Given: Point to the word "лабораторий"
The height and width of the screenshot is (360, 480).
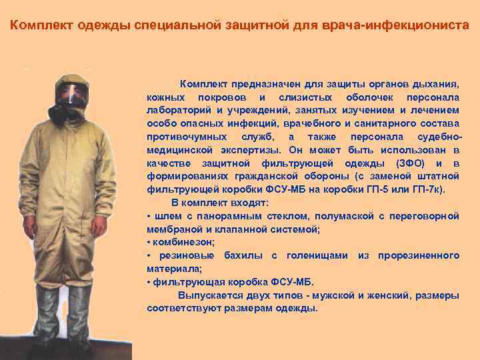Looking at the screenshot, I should pyautogui.click(x=175, y=110).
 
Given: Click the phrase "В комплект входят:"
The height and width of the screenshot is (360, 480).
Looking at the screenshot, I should pyautogui.click(x=219, y=201).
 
